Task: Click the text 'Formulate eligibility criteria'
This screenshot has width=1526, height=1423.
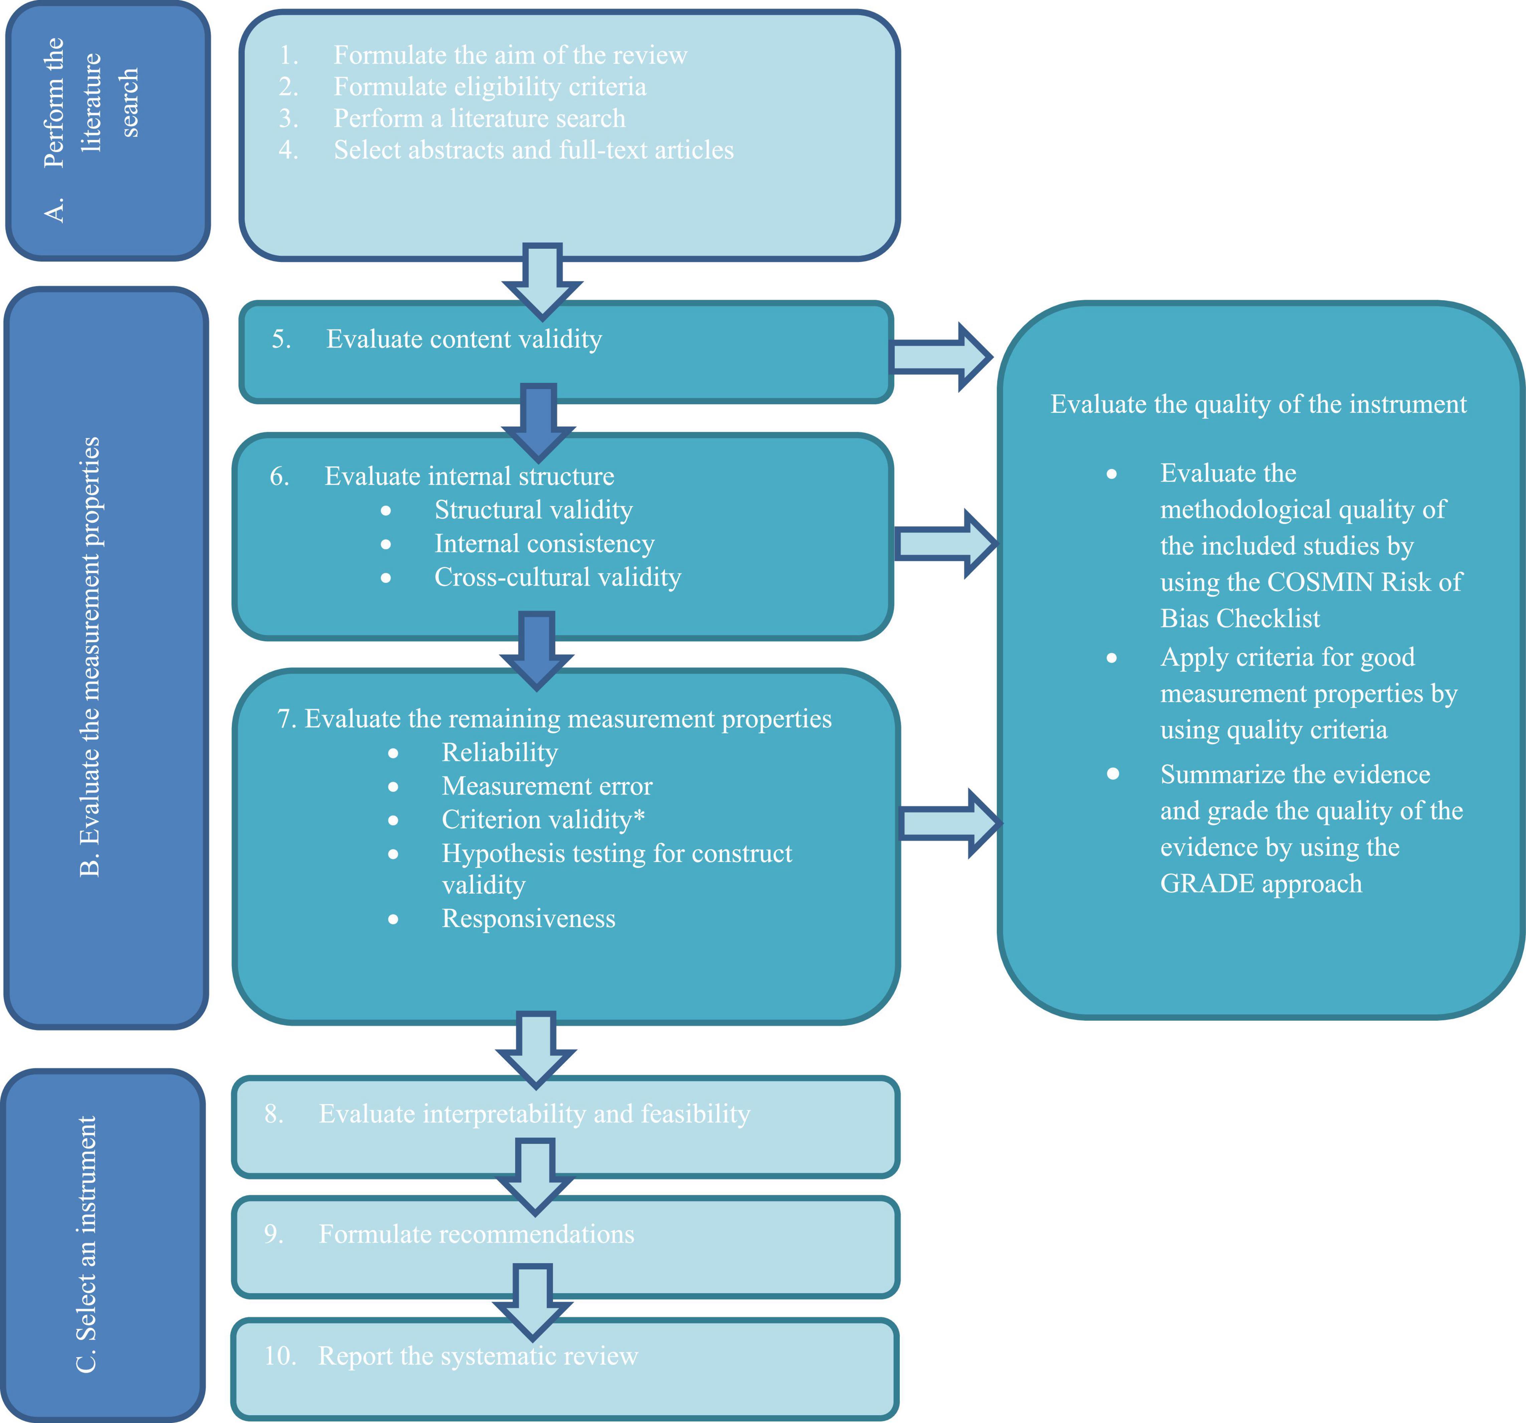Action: point(490,87)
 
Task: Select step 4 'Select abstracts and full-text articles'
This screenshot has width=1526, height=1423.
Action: point(533,150)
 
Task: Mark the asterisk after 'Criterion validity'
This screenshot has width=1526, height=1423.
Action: point(639,817)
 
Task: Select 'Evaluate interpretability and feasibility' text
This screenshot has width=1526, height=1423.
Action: point(534,1114)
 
